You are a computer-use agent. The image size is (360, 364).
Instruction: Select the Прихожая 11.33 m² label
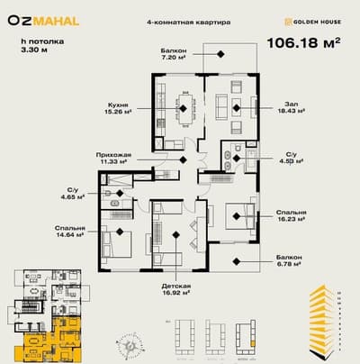(x=115, y=159)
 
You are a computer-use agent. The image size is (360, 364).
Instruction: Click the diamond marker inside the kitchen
(x=184, y=109)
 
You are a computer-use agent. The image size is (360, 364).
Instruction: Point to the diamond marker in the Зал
(x=235, y=109)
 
